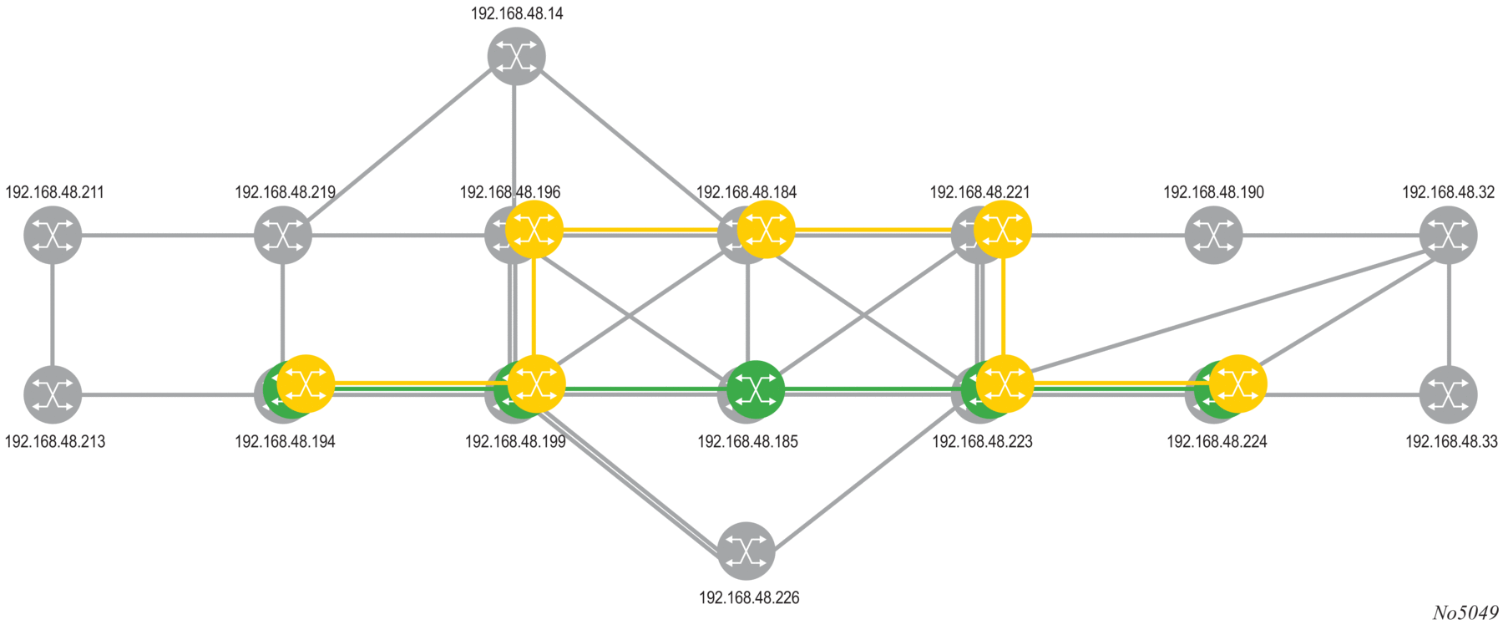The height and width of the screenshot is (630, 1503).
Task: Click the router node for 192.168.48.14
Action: coord(516,56)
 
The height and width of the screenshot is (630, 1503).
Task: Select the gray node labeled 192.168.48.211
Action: coord(53,235)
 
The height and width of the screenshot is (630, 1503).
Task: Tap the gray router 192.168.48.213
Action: coord(53,394)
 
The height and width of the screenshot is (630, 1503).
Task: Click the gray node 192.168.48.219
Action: coord(283,235)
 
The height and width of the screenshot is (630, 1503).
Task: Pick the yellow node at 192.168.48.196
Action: coord(534,228)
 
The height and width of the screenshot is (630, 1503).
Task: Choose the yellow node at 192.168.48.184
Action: coord(766,228)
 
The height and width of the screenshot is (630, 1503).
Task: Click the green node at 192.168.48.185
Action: coord(755,389)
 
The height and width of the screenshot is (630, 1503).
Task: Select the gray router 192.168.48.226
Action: coord(746,551)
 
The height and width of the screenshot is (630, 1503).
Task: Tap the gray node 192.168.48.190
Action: coord(1213,235)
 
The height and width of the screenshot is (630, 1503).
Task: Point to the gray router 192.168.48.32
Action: coord(1448,235)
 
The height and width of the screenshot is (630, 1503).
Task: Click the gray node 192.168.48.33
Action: coord(1448,394)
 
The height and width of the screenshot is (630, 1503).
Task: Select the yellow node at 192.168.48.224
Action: coord(1238,384)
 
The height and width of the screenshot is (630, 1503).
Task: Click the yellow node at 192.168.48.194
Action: coord(306,384)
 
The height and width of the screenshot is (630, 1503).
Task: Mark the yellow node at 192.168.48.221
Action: coord(1003,228)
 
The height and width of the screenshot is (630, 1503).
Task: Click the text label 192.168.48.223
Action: coord(982,441)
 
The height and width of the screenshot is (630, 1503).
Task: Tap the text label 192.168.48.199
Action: coord(515,441)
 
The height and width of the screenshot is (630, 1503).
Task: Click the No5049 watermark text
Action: coord(1465,613)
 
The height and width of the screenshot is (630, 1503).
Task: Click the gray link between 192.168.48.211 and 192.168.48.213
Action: coord(53,314)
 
